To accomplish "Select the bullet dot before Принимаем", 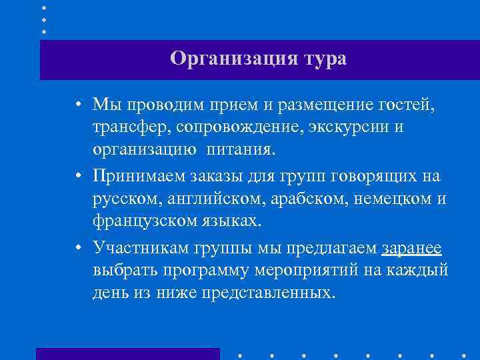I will pyautogui.click(x=79, y=177).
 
